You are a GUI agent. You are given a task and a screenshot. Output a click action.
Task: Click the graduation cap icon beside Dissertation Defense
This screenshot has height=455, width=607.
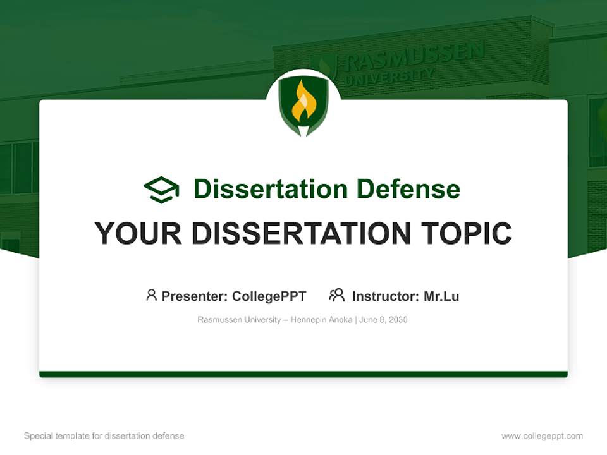coord(161,190)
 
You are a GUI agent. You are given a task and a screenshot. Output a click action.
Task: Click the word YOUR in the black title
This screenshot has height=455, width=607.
coord(138,234)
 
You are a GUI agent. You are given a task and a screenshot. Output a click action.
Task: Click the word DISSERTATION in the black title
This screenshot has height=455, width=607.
coord(300,234)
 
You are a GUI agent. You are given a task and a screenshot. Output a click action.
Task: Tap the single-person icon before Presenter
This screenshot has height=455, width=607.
coord(151,295)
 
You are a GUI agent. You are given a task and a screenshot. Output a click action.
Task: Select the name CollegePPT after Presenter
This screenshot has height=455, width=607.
coord(269,296)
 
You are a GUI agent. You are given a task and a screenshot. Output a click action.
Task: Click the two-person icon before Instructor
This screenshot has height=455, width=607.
coord(336,295)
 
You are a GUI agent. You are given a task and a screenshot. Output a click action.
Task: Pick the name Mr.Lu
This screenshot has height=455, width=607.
coord(441,296)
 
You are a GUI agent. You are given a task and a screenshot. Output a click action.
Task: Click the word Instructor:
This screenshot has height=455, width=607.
coord(385,296)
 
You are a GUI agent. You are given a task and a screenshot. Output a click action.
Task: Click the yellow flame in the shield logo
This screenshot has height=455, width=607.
coord(303,103)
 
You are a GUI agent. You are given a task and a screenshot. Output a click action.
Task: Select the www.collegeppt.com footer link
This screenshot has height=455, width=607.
coord(542,436)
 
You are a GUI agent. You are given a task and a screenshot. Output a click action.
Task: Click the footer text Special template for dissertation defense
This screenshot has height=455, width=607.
coord(104,436)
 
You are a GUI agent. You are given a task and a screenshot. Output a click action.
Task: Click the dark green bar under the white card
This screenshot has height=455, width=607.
coord(303,374)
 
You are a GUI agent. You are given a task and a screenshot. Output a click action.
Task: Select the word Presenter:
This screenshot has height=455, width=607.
coord(195,296)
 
